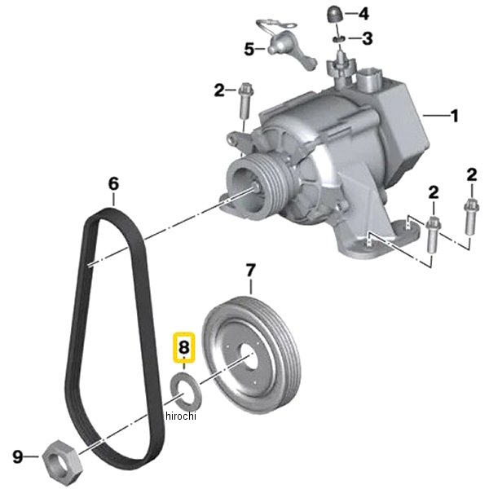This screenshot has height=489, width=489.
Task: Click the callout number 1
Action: tap(455, 116)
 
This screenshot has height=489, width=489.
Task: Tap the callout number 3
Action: tap(367, 38)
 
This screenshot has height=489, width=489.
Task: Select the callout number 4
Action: tap(363, 14)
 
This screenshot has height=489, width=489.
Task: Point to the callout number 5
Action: tap(249, 49)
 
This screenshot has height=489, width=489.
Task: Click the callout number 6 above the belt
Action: tap(113, 183)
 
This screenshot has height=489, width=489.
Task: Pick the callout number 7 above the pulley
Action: tap(251, 271)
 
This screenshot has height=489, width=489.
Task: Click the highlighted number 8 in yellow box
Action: tap(184, 347)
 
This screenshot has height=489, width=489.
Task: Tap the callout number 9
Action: tap(18, 457)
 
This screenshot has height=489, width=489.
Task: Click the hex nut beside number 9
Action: tap(62, 460)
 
